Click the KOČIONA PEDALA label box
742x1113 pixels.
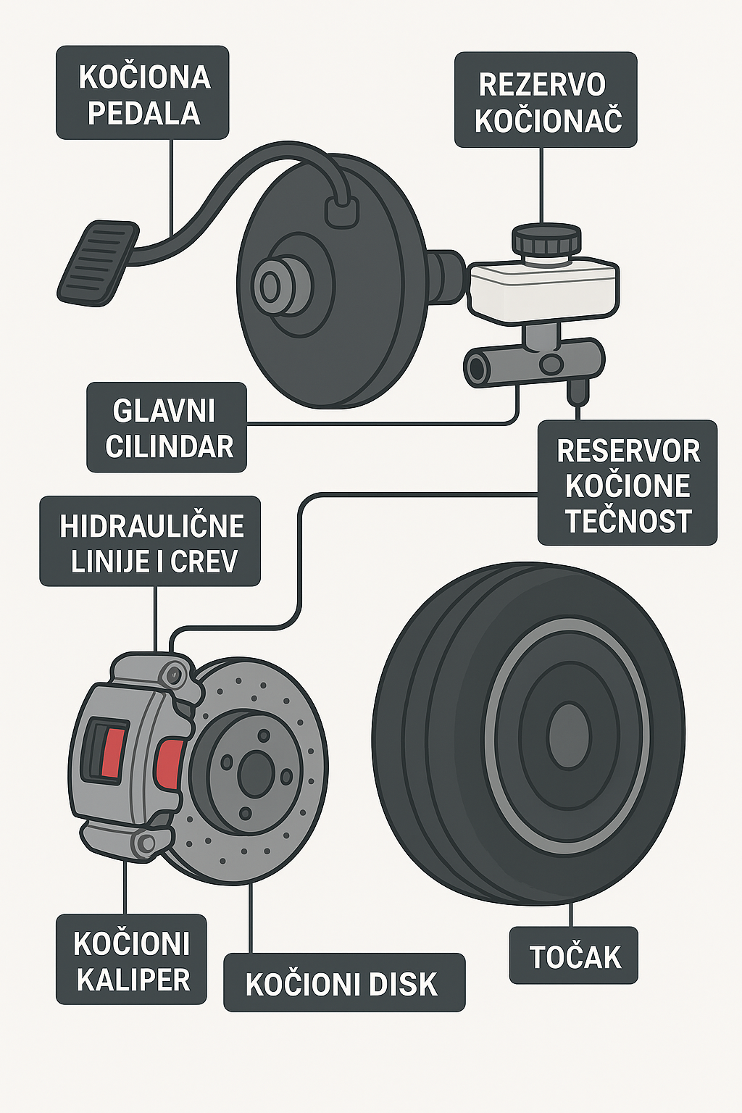[142, 93]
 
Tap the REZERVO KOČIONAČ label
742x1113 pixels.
[546, 100]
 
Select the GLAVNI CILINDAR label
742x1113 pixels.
[167, 427]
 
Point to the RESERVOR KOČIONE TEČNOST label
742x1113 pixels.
[628, 483]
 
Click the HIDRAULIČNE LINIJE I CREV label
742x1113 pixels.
[150, 541]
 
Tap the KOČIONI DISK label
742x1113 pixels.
[344, 983]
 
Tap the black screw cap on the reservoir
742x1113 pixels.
[546, 239]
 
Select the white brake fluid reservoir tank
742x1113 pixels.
[544, 289]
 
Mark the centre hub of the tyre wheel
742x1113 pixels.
[569, 737]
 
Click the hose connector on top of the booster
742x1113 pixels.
[341, 211]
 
